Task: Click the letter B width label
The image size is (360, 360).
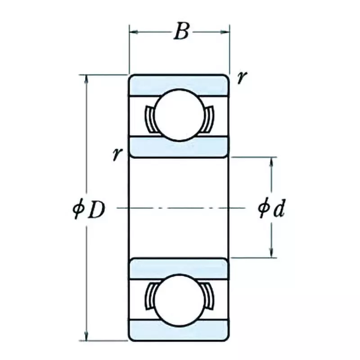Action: (180, 32)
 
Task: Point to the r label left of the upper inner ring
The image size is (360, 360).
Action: (117, 154)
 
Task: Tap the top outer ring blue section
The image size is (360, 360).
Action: (180, 85)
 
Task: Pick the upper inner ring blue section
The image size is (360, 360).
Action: (180, 146)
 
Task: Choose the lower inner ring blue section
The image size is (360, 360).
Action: (180, 269)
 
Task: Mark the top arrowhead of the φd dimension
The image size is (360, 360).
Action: (272, 161)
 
